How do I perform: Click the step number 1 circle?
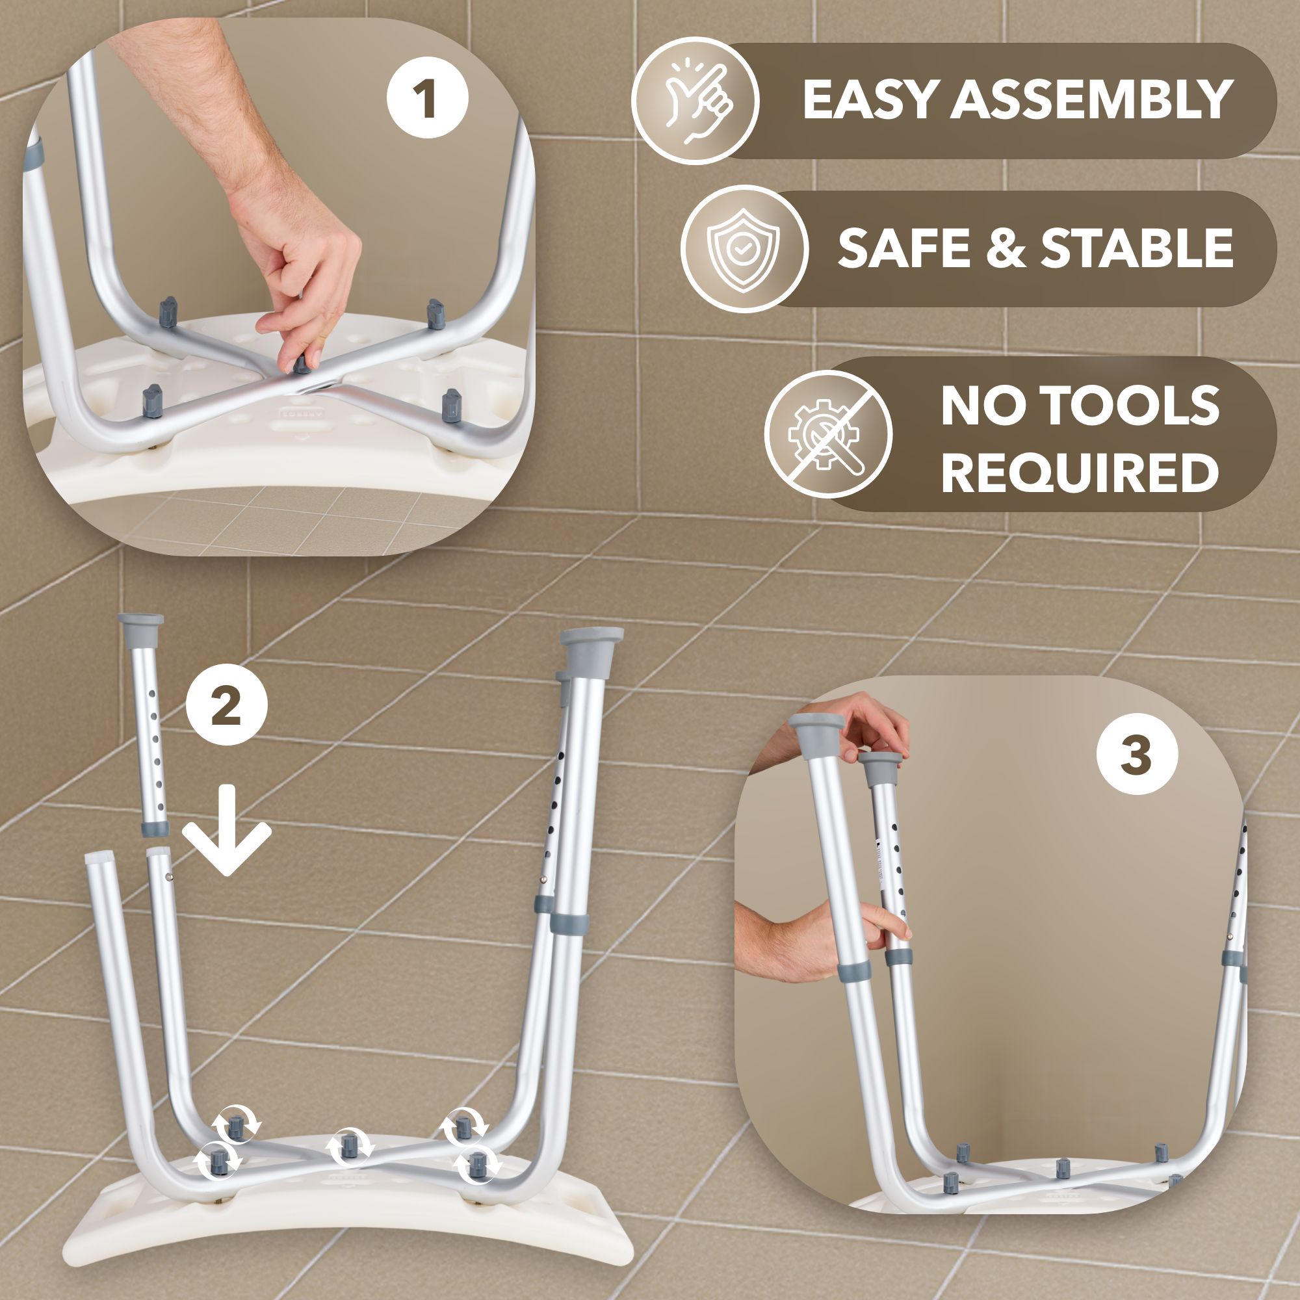[427, 98]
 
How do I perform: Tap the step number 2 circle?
[227, 706]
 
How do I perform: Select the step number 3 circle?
[1136, 753]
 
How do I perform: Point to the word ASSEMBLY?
[1091, 100]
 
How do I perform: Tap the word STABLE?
[1136, 248]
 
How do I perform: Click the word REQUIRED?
[1079, 473]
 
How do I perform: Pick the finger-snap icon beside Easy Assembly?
[695, 101]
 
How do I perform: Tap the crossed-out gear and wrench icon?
[827, 434]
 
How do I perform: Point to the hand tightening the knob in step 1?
[303, 269]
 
